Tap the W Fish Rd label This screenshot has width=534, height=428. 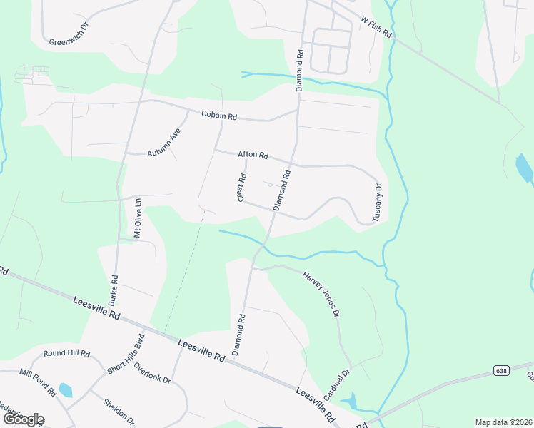[x=376, y=29]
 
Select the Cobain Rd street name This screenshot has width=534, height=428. [x=218, y=114]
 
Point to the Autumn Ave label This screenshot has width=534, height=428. [x=165, y=144]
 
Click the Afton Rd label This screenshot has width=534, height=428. [x=253, y=155]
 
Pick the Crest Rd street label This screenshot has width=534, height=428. [x=243, y=188]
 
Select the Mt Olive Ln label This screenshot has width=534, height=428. [x=138, y=218]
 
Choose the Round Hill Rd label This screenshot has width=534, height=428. [x=66, y=353]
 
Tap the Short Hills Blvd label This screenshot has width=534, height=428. [x=126, y=353]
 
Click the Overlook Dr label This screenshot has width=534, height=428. [x=152, y=373]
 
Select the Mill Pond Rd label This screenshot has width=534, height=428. [x=37, y=382]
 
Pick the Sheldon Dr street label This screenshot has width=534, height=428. [x=119, y=409]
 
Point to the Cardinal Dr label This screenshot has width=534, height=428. [x=336, y=384]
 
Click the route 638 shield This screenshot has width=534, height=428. [x=500, y=370]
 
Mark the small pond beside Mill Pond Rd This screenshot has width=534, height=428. [x=65, y=389]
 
